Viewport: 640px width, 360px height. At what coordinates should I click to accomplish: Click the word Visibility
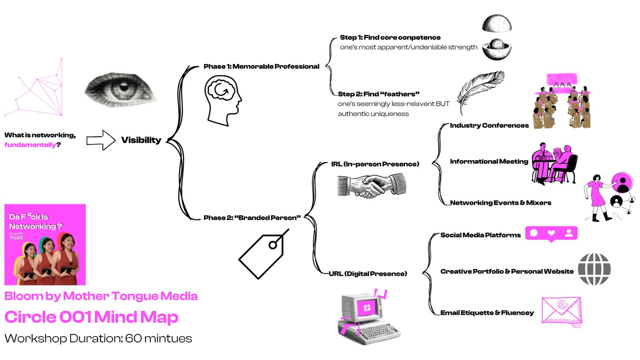(x=141, y=140)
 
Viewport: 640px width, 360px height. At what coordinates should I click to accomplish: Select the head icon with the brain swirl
(x=222, y=100)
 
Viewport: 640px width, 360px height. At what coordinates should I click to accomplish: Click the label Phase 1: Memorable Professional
(x=261, y=66)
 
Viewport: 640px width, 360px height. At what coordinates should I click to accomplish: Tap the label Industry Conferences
(x=489, y=126)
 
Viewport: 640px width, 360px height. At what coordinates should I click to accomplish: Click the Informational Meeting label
(x=489, y=162)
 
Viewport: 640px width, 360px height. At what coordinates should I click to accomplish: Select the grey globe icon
(x=594, y=269)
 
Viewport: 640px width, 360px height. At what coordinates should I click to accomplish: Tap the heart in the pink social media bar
(x=551, y=233)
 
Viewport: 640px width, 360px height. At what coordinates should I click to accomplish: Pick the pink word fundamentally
(x=30, y=145)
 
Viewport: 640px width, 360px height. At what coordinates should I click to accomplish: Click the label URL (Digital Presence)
(x=368, y=274)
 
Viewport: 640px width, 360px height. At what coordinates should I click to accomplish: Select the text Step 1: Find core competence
(x=390, y=38)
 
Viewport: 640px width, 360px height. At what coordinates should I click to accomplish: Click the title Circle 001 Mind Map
(x=91, y=317)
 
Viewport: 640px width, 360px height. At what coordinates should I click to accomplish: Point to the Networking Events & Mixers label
(x=500, y=203)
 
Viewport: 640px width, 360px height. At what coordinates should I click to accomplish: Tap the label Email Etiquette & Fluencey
(x=487, y=313)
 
